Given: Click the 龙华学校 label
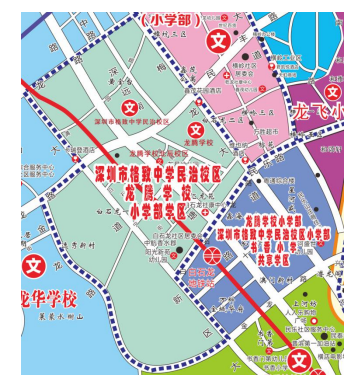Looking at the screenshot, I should (39, 299).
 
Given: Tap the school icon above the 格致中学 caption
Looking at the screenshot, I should (129, 106).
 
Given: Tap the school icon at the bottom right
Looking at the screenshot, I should (300, 360).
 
